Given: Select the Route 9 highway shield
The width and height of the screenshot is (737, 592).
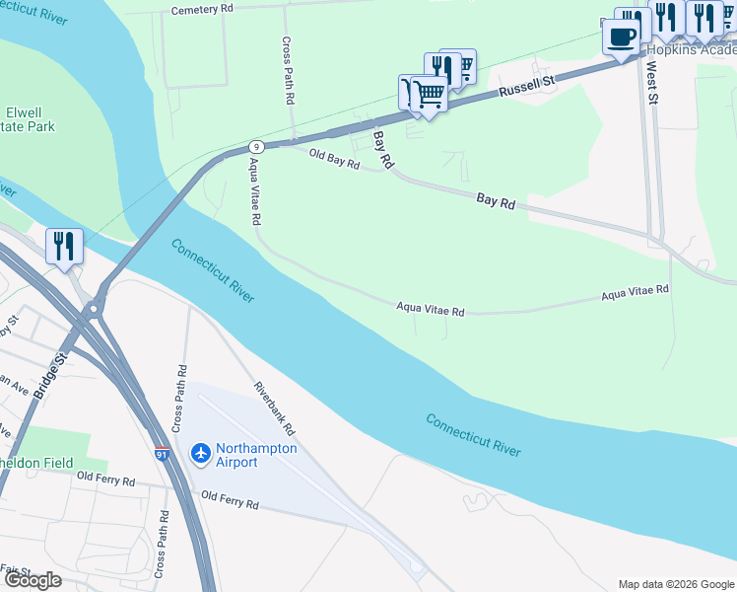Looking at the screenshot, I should coord(254,145).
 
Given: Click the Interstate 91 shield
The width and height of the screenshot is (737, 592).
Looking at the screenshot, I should coord(161,455).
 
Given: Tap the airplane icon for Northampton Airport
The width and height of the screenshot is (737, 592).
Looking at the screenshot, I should coord(200,452).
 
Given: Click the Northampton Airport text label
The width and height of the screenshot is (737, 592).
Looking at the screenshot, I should coord(250,455).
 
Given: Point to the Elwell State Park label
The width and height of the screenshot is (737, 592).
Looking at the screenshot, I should coord(29,119).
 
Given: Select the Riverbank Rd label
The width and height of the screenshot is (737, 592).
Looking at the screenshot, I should coord(275,409).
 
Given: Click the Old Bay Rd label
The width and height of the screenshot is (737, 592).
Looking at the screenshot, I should coord(334,159).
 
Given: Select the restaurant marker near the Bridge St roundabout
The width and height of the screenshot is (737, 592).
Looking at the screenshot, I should coord(64,247).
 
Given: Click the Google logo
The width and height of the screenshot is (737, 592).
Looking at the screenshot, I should coord(33,579).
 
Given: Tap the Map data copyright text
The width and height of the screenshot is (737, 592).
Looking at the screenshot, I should coord(675,584).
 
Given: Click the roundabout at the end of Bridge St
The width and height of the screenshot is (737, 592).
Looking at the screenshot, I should coord(95,310).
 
